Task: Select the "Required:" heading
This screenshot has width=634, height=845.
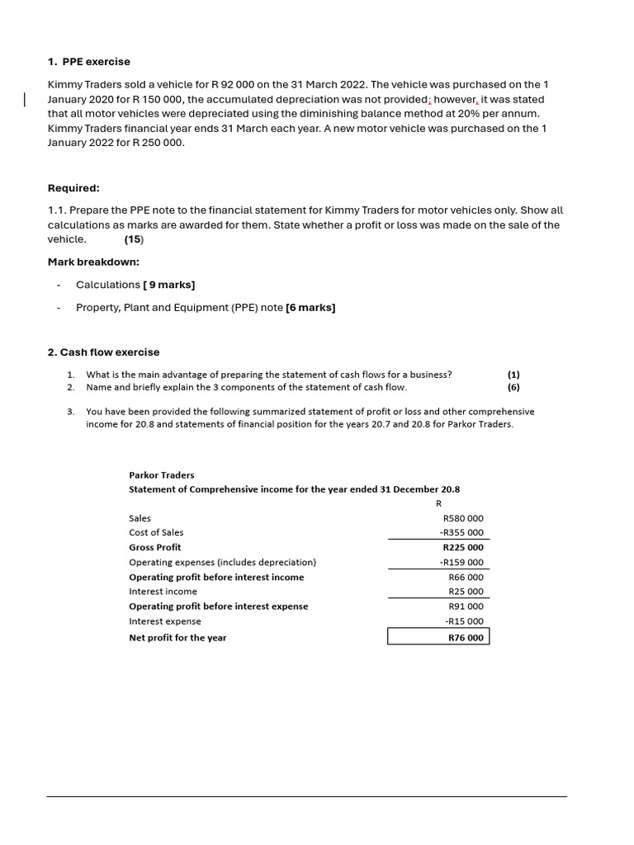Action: [x=73, y=188]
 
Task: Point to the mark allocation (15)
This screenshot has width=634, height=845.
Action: [x=134, y=239]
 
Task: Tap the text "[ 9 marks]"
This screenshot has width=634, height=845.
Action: [x=169, y=285]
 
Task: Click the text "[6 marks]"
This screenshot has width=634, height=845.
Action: [x=310, y=308]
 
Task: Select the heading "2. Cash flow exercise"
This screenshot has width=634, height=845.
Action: [x=103, y=352]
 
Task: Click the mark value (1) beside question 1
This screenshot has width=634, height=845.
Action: [x=513, y=375]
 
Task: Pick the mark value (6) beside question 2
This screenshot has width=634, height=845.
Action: [x=513, y=387]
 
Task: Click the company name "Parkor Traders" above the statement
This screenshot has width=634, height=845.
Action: [x=162, y=475]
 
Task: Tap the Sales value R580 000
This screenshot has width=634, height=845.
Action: [x=463, y=518]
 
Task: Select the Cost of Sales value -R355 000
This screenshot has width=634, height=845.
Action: [x=461, y=533]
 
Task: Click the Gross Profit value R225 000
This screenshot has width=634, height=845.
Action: [x=463, y=548]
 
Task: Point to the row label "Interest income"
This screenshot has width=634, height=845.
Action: [x=163, y=592]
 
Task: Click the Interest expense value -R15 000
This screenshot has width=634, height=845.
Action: [x=464, y=621]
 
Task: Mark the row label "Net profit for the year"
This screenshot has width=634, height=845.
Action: [x=177, y=638]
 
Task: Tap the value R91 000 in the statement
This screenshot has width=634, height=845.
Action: [x=466, y=607]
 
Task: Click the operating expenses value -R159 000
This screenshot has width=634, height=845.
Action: [x=461, y=563]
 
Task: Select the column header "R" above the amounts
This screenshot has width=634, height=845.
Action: [x=438, y=503]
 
